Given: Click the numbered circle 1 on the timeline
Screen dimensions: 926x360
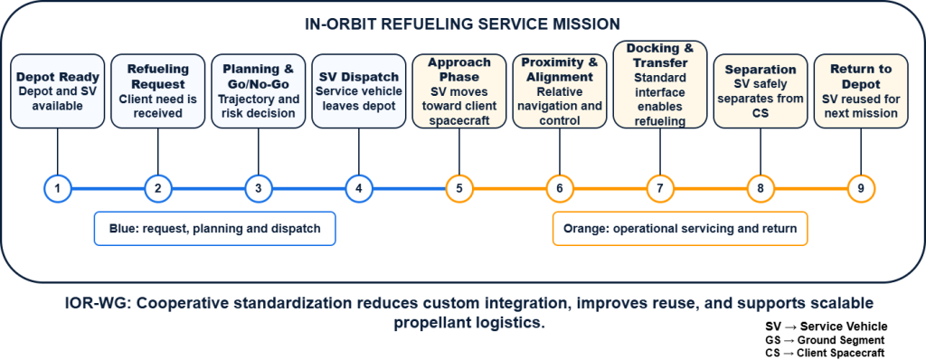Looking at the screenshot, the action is coord(57,189).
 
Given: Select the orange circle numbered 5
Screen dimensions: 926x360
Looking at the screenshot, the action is coord(458,189).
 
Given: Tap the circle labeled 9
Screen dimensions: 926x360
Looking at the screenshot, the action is coord(861,189).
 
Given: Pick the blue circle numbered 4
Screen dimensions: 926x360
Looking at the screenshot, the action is coord(358,189).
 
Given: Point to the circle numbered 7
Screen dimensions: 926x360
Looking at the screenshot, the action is coord(659,189).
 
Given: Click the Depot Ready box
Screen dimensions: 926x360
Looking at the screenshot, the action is coord(57,91).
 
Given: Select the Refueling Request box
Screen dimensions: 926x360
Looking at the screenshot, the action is coord(157,91).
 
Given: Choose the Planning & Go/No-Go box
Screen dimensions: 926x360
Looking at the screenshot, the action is coord(258,91).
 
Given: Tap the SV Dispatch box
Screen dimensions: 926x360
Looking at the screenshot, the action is coord(358,91).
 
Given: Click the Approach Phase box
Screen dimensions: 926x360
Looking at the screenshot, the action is coord(458,91).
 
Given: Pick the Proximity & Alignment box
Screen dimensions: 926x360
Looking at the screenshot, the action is coord(559,91).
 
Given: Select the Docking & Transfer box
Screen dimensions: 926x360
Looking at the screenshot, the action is coord(659,84).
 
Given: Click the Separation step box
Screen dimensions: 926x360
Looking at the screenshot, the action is coord(760,91).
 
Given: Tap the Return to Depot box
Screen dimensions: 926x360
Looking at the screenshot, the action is coord(861,91).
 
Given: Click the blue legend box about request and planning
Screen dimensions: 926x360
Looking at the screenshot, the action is coord(215,228).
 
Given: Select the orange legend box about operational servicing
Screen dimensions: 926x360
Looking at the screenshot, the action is coord(680,228).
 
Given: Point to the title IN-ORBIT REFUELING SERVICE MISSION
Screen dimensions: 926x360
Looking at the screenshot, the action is coord(462,24).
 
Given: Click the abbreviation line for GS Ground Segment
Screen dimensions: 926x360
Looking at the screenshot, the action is coord(825,340).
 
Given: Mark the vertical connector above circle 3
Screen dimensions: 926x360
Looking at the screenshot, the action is coord(258,152).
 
